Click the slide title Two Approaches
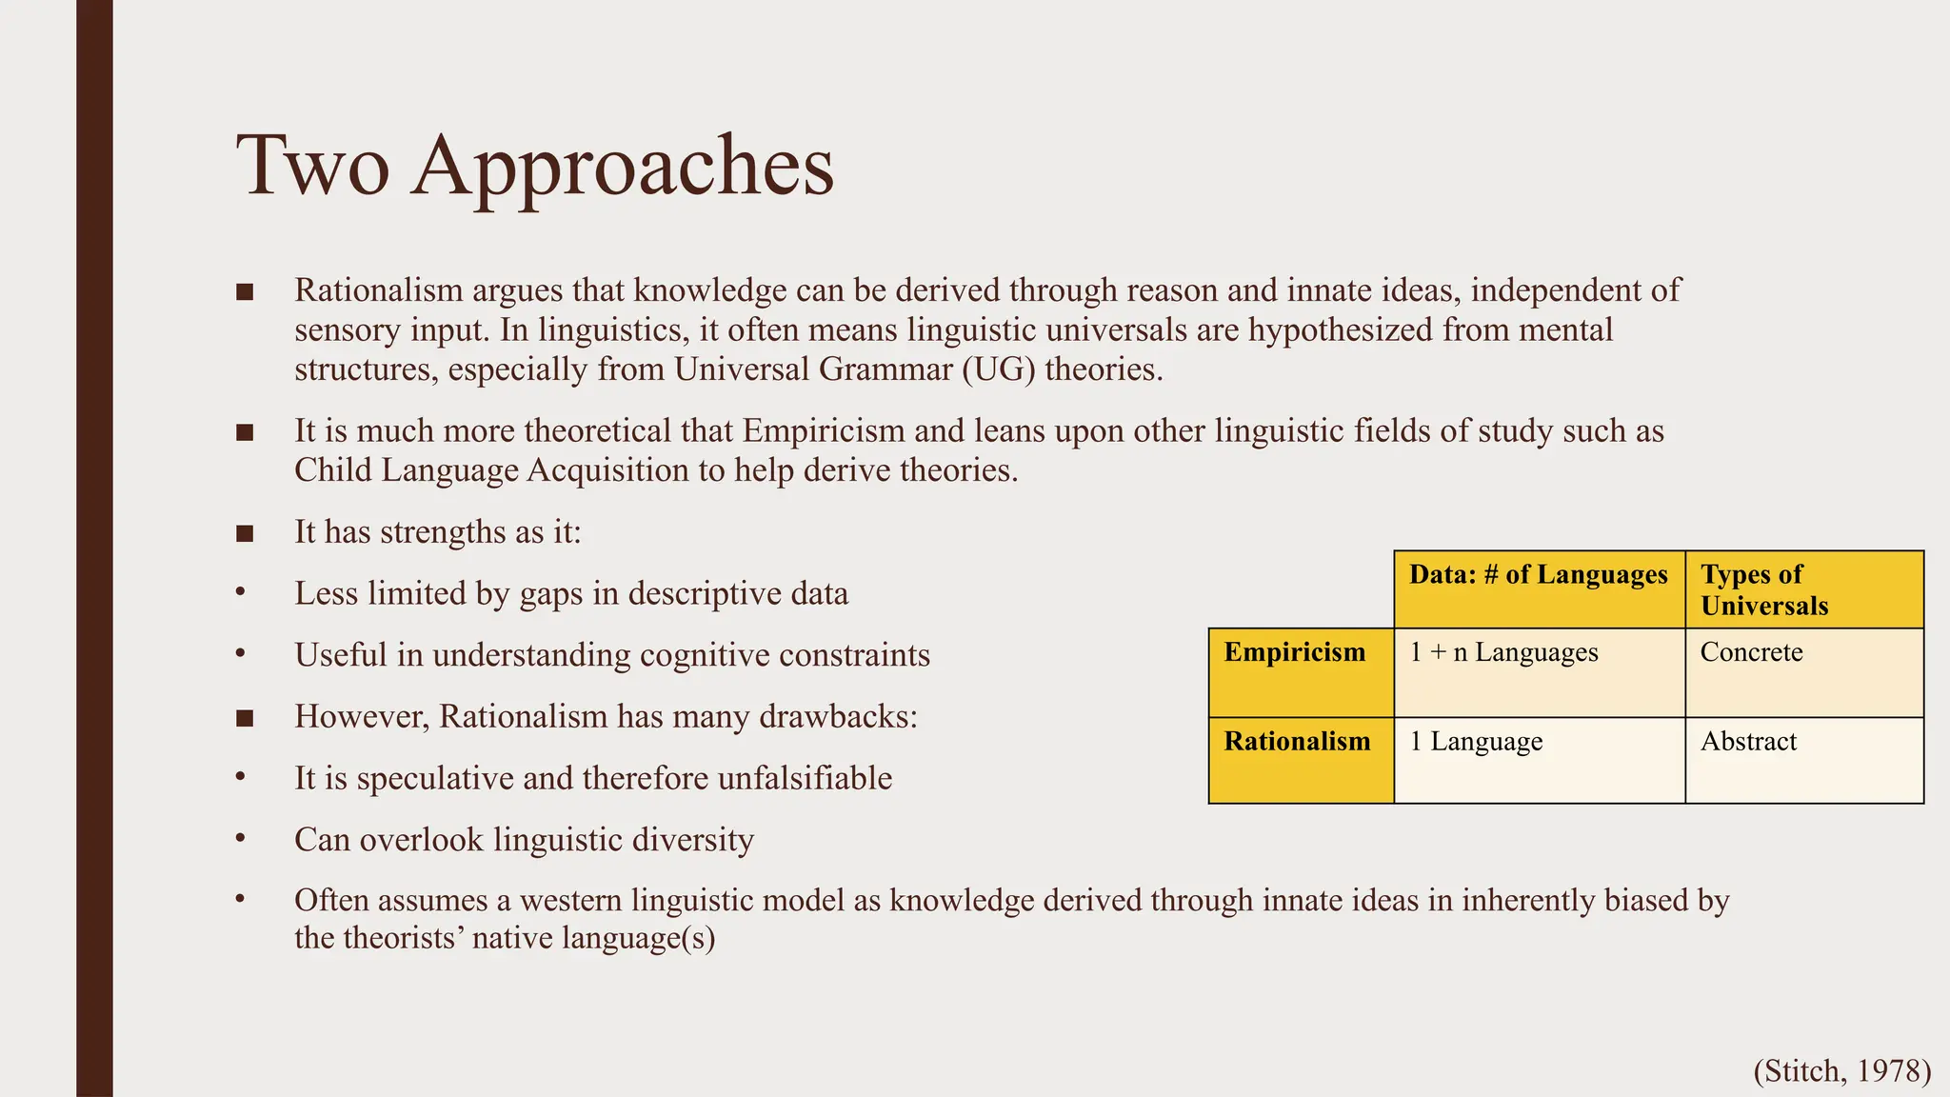tap(535, 166)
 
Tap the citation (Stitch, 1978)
tap(1841, 1070)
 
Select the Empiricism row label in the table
tap(1294, 652)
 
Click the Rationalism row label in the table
tap(1297, 741)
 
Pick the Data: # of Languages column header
tap(1538, 574)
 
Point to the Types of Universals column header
tap(1763, 589)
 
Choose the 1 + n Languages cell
tap(1503, 652)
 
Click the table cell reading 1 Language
tap(1476, 741)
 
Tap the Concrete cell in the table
tap(1751, 652)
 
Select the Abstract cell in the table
tap(1748, 741)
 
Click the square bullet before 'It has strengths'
tap(245, 532)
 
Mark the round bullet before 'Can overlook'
tap(241, 839)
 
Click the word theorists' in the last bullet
tap(402, 938)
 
